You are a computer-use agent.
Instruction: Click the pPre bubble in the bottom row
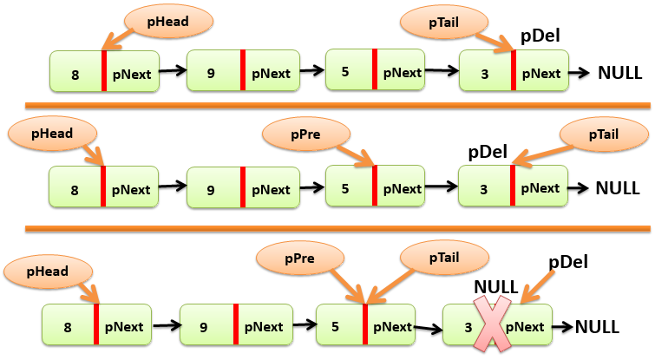click(298, 259)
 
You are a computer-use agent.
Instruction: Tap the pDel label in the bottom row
click(569, 260)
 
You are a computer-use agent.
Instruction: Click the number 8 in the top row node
click(75, 75)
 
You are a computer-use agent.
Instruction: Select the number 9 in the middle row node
click(212, 189)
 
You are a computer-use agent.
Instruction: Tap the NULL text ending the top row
click(620, 72)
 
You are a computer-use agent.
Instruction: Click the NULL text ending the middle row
click(618, 187)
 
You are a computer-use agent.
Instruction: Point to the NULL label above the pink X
click(495, 286)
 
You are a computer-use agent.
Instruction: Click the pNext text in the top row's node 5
click(403, 72)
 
